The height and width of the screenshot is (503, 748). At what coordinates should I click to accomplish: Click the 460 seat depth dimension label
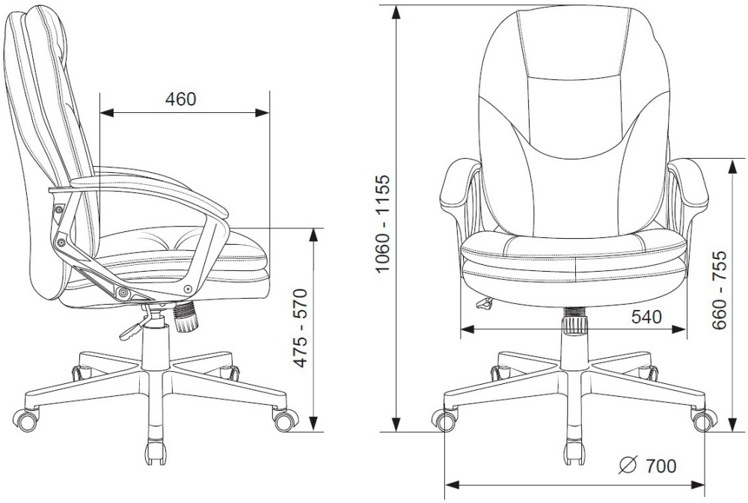pyautogui.click(x=180, y=99)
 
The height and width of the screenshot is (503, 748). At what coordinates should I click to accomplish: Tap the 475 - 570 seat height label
pyautogui.click(x=300, y=328)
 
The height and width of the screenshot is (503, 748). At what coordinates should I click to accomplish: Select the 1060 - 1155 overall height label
pyautogui.click(x=382, y=224)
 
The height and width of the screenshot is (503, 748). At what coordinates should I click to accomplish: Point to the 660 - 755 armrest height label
pyautogui.click(x=719, y=290)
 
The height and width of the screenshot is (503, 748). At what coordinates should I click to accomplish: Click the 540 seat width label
pyautogui.click(x=646, y=317)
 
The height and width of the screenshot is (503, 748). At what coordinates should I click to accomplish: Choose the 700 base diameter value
pyautogui.click(x=660, y=466)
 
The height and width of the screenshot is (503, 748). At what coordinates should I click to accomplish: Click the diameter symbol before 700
pyautogui.click(x=628, y=466)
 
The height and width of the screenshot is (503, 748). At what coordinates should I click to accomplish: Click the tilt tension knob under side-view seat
pyautogui.click(x=185, y=317)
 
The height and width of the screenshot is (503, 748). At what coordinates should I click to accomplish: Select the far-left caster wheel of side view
pyautogui.click(x=26, y=420)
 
